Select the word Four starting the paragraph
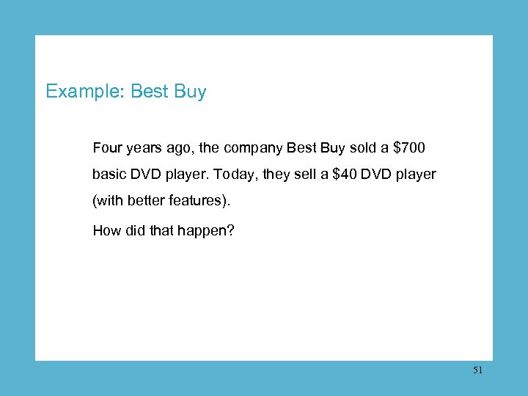107,148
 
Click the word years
145,148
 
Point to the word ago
180,148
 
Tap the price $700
409,148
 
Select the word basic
109,175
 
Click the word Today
253,175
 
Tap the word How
106,231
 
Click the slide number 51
477,371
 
